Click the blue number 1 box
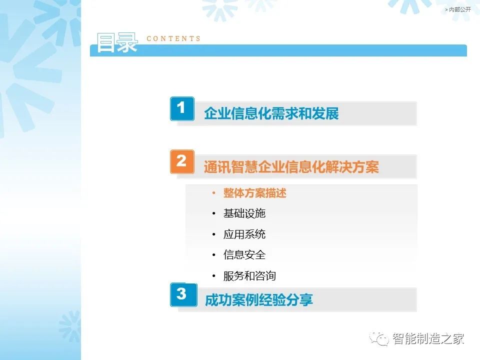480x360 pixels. [x=182, y=108]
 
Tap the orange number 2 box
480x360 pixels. [x=182, y=161]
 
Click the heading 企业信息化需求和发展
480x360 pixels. [x=271, y=113]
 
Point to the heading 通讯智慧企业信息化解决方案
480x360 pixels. [x=291, y=167]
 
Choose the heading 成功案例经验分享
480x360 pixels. [x=259, y=300]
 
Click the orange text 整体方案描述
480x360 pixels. [x=254, y=193]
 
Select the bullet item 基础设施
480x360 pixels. [x=244, y=213]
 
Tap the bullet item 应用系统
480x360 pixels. [x=244, y=234]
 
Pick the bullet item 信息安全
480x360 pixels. [x=244, y=254]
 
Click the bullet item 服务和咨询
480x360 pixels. [x=249, y=276]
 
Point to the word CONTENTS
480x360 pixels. [x=173, y=38]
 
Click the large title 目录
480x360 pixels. [x=117, y=43]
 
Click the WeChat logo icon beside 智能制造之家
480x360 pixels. [x=379, y=338]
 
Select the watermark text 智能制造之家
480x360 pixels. [x=428, y=338]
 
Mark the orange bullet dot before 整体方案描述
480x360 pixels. [x=213, y=193]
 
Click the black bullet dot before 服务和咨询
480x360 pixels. [x=213, y=276]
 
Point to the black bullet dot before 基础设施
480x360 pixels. [x=213, y=213]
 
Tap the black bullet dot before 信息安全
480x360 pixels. [x=213, y=254]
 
